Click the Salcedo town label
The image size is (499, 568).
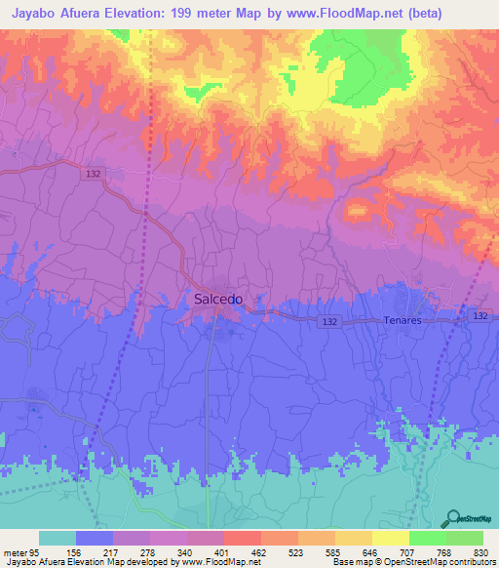coord(217,300)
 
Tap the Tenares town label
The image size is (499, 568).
coord(403,320)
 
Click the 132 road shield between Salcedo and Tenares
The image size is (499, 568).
coord(331,320)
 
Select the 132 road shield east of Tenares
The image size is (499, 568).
coord(480,316)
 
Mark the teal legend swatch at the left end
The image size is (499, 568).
coord(58,538)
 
